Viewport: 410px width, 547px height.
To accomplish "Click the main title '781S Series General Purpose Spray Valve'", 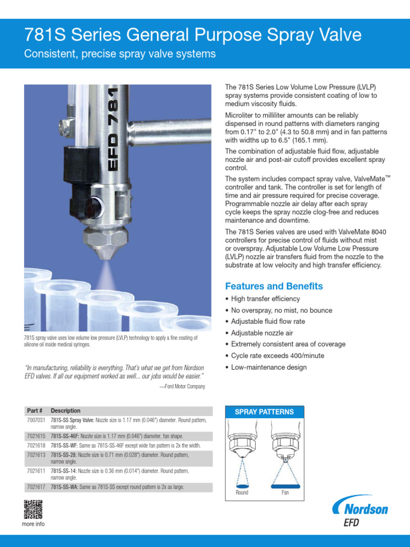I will coord(193,35).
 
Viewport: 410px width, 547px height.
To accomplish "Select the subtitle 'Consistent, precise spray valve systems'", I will coord(120,54).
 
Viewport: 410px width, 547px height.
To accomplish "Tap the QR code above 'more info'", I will coord(33,510).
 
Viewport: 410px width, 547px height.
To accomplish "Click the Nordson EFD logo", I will coord(360,512).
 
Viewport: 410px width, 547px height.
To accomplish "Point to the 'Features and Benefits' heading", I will coord(274,286).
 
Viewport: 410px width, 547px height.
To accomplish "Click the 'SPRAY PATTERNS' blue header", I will coord(264,412).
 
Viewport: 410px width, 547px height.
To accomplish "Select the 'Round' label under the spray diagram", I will coord(242,493).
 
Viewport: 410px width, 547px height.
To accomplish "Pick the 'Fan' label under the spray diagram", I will coord(285,493).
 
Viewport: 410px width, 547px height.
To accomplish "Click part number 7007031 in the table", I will coord(36,421).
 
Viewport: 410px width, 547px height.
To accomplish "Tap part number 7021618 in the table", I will coord(36,445).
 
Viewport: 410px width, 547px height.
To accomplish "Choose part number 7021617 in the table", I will coord(36,487).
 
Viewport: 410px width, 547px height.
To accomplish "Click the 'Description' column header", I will coord(66,411).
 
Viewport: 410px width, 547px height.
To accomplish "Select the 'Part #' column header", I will coord(35,411).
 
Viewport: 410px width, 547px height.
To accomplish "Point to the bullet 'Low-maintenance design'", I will coord(269,367).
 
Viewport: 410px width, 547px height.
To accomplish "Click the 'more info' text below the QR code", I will coord(33,524).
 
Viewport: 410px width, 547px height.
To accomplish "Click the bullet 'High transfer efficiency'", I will coord(265,299).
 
